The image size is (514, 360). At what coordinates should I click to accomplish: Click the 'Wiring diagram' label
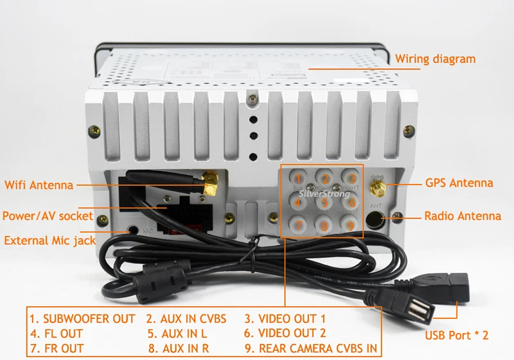pos(435,59)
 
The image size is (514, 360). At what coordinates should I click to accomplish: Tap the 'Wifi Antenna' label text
pos(39,185)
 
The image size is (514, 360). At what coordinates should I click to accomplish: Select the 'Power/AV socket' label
pos(48,216)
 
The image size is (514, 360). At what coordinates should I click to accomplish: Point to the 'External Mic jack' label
pos(49,241)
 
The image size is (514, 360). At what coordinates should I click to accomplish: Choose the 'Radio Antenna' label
pos(462,216)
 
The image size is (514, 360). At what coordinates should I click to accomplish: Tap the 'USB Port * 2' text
pos(457,336)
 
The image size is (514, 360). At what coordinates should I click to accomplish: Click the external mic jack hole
pos(133,228)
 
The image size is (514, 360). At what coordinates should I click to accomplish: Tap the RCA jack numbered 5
pos(325,203)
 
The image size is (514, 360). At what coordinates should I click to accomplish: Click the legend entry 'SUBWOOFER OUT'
pos(82,319)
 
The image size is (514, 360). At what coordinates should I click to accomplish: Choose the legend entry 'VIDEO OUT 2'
pos(285,334)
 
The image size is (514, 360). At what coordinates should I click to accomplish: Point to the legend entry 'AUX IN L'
pos(177,334)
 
